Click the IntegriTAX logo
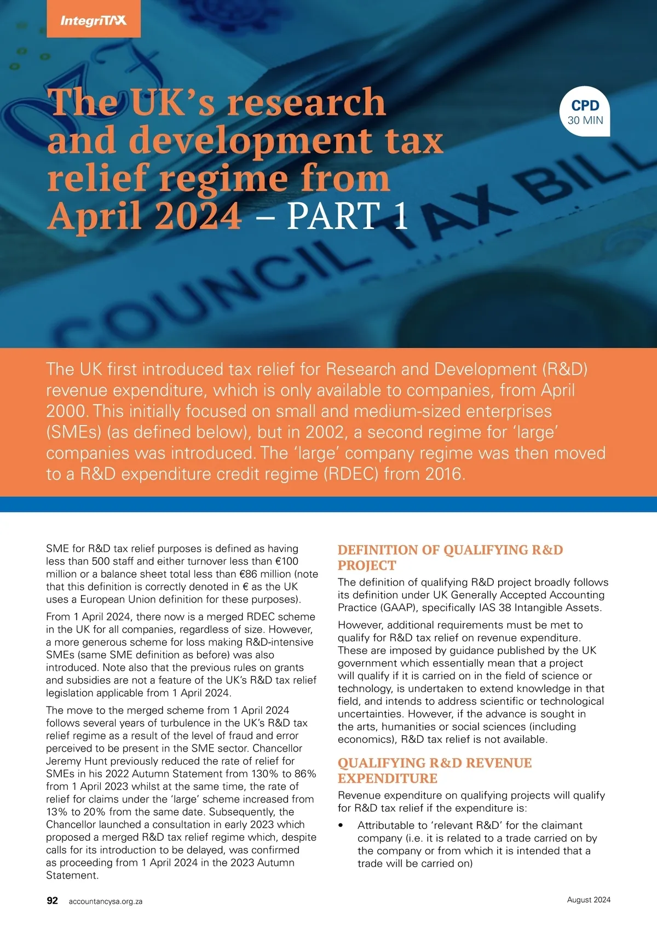93,21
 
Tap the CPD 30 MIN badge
585,112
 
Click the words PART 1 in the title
347,216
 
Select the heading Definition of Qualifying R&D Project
450,557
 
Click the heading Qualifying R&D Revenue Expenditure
434,770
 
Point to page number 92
52,901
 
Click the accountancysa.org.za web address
106,901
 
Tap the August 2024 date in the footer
589,899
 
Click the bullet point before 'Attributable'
341,825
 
